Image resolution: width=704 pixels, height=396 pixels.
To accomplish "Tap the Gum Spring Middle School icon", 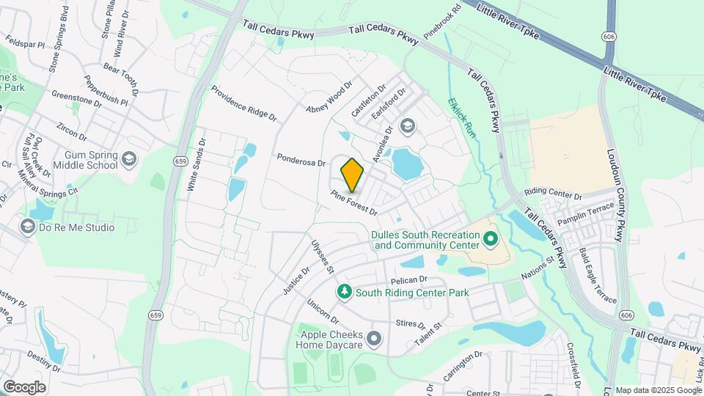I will tap(129, 159).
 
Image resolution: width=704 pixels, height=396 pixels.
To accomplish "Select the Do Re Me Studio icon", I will tap(29, 227).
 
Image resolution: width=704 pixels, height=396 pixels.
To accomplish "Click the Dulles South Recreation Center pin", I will tap(490, 239).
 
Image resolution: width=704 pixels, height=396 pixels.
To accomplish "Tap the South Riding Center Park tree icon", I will tap(345, 293).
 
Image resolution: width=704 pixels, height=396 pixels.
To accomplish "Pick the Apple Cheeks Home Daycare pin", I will tap(375, 338).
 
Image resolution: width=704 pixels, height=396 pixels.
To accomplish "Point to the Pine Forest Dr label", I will tap(353, 203).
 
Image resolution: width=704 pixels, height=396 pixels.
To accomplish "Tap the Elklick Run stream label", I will tap(463, 117).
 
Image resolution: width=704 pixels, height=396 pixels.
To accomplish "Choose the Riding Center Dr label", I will tap(553, 196).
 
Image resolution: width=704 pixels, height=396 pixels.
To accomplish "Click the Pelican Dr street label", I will tap(408, 279).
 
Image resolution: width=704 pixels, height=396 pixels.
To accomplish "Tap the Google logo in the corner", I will tap(24, 386).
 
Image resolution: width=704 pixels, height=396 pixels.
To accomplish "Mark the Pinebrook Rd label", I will tap(441, 21).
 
